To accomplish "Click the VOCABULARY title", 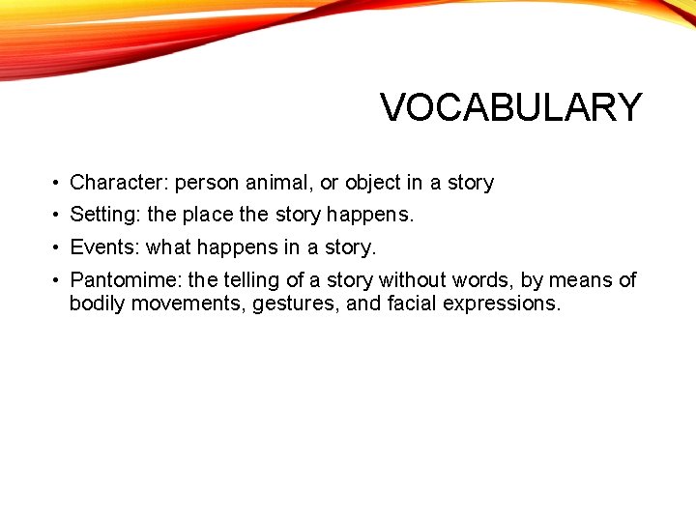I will (510, 107).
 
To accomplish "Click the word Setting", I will (104, 215).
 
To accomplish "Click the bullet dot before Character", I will (59, 184).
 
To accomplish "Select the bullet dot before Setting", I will (59, 216).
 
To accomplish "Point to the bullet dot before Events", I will (59, 248).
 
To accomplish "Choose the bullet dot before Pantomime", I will (59, 281).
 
